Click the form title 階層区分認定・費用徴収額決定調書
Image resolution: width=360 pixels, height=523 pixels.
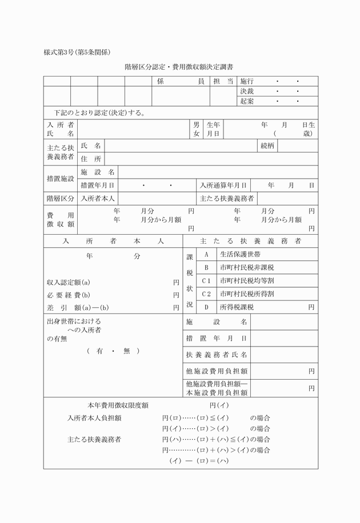(x=179, y=67)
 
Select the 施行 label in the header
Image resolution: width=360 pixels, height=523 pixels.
(x=247, y=82)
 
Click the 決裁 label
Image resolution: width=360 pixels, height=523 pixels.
(x=247, y=91)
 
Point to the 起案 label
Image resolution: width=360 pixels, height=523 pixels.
(x=247, y=101)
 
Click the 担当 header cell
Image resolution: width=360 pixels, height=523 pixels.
(x=223, y=82)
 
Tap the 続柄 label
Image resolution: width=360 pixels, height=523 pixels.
(x=267, y=146)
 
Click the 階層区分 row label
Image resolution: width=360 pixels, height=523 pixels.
(x=60, y=198)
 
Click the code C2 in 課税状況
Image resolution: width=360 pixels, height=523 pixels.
(x=206, y=294)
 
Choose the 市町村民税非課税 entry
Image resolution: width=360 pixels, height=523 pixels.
(x=247, y=267)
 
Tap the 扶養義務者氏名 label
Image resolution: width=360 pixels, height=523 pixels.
(x=217, y=355)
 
